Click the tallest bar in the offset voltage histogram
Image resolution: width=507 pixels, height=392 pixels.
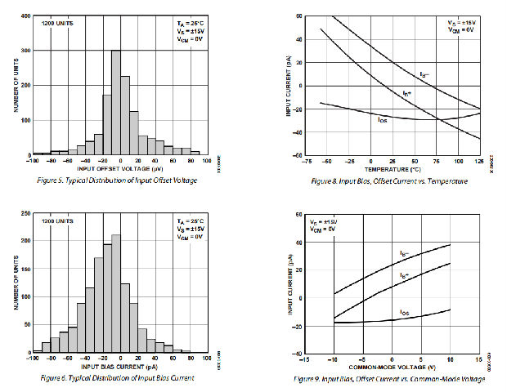[x=115, y=102]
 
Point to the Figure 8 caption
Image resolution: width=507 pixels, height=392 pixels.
[x=393, y=180]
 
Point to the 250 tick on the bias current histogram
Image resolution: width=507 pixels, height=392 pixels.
[x=25, y=214]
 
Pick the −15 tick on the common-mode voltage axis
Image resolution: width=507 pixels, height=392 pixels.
[x=304, y=359]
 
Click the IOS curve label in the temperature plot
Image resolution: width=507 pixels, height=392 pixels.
[x=383, y=121]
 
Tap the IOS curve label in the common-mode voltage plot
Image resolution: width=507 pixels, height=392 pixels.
[x=405, y=312]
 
